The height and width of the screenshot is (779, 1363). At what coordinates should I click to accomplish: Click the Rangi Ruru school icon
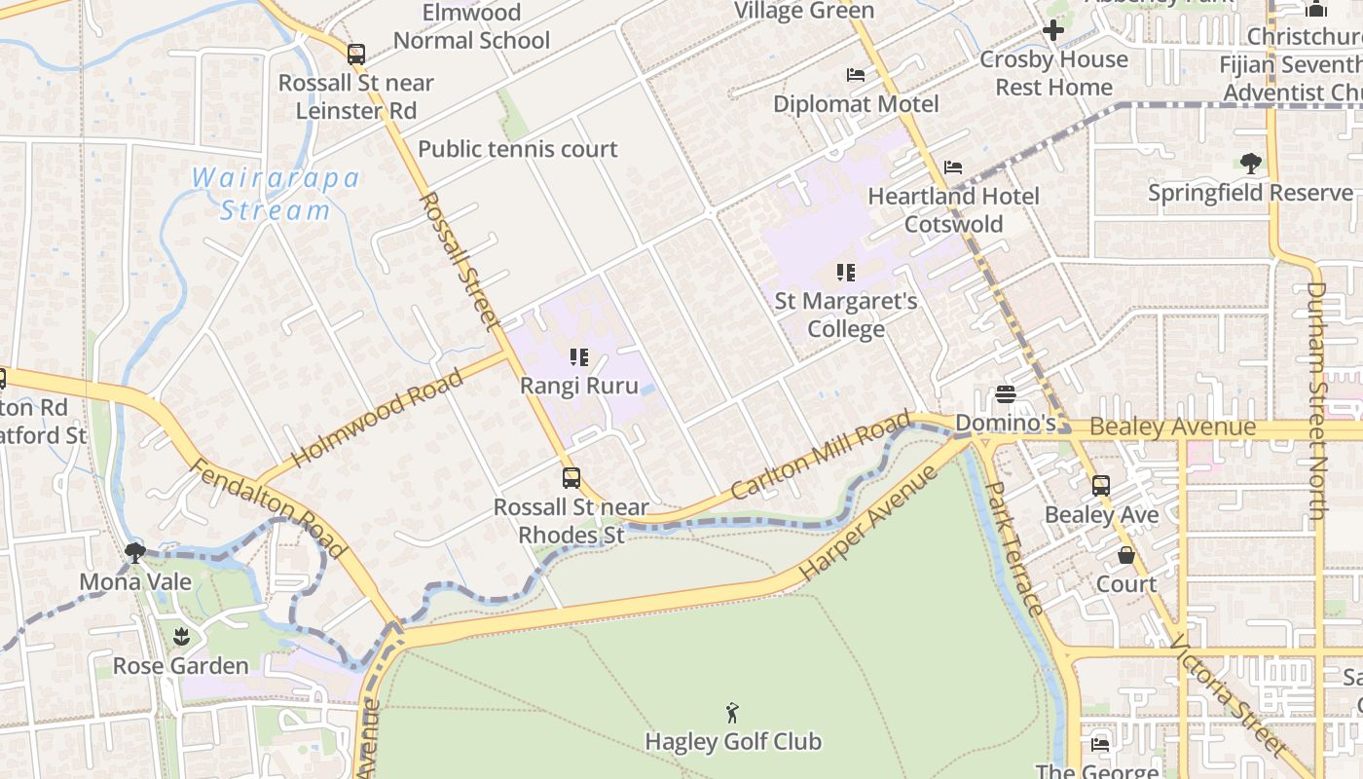point(579,357)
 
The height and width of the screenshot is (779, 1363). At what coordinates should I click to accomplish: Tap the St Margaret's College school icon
point(845,273)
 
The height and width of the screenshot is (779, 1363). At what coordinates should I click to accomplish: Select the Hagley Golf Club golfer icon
point(733,714)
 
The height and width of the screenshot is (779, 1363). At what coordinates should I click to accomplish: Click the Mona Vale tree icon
point(134,553)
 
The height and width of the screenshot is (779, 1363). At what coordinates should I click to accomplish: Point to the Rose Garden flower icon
point(180,637)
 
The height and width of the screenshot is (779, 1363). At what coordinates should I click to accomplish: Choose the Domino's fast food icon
point(1006,394)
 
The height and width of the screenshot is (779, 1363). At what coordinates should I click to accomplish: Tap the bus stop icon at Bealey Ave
point(1100,485)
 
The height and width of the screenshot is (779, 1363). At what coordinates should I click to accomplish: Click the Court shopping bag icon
point(1126,555)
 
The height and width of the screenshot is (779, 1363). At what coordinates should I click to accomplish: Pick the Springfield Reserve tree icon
point(1251,164)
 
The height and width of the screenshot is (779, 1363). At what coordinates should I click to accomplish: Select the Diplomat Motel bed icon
point(856,75)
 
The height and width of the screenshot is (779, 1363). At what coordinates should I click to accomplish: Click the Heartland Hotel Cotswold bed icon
point(953,167)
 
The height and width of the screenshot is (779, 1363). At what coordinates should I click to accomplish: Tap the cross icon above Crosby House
point(1052,30)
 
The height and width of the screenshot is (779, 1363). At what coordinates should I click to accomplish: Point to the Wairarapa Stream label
point(276,194)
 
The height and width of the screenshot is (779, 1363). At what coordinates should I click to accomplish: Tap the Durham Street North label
point(1317,399)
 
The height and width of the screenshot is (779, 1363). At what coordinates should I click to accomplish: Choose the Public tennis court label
point(517,149)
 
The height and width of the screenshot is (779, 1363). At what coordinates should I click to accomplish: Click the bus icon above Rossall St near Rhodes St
point(571,478)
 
